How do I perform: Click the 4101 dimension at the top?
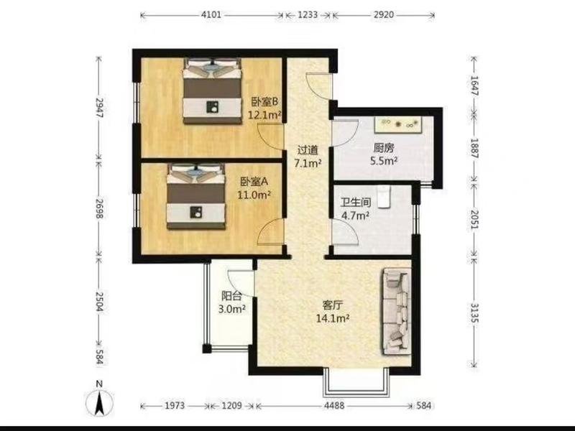211,15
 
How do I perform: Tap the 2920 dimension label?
384,15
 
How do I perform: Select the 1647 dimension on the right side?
474,85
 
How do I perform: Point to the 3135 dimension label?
474,312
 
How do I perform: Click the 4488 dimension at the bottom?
334,405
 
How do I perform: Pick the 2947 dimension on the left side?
99,107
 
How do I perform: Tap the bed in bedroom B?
213,91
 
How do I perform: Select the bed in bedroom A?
196,196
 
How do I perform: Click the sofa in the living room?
396,312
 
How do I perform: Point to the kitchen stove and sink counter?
398,124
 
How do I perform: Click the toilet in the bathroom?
384,196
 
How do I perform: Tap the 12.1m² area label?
264,115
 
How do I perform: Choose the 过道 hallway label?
308,150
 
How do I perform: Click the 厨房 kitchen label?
384,148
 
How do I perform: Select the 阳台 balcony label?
231,295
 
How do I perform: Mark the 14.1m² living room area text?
333,318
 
